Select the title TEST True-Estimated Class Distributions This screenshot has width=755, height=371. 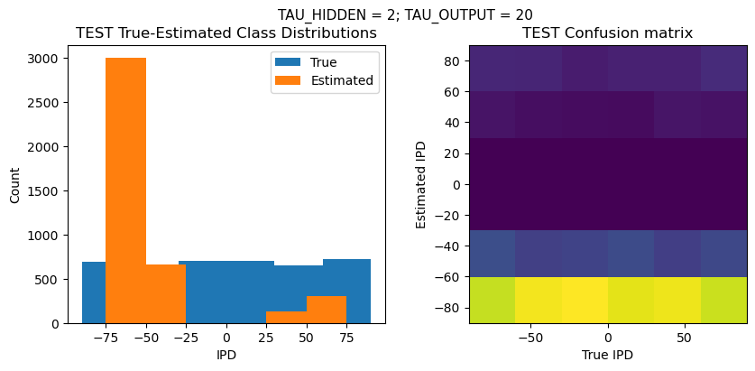pos(226,33)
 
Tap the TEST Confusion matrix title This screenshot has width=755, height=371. pos(608,33)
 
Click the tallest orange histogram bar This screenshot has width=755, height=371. pos(125,190)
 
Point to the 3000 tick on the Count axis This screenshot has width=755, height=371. pos(47,59)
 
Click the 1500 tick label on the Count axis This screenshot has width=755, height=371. pos(47,191)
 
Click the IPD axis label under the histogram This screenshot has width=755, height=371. pos(226,355)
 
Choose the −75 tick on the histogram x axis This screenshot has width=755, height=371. pos(106,337)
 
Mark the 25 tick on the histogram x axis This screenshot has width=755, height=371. pos(266,337)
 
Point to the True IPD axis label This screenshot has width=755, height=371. pos(608,355)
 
